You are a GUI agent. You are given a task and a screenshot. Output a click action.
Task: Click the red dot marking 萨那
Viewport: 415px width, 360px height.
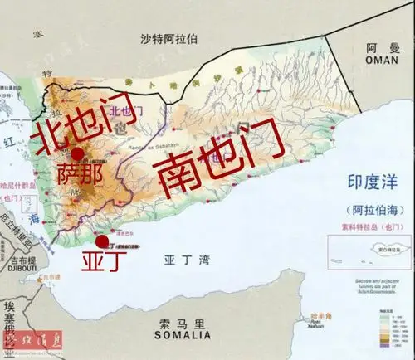(x=77, y=153)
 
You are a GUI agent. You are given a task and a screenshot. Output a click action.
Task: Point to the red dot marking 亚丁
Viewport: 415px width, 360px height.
(x=102, y=241)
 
